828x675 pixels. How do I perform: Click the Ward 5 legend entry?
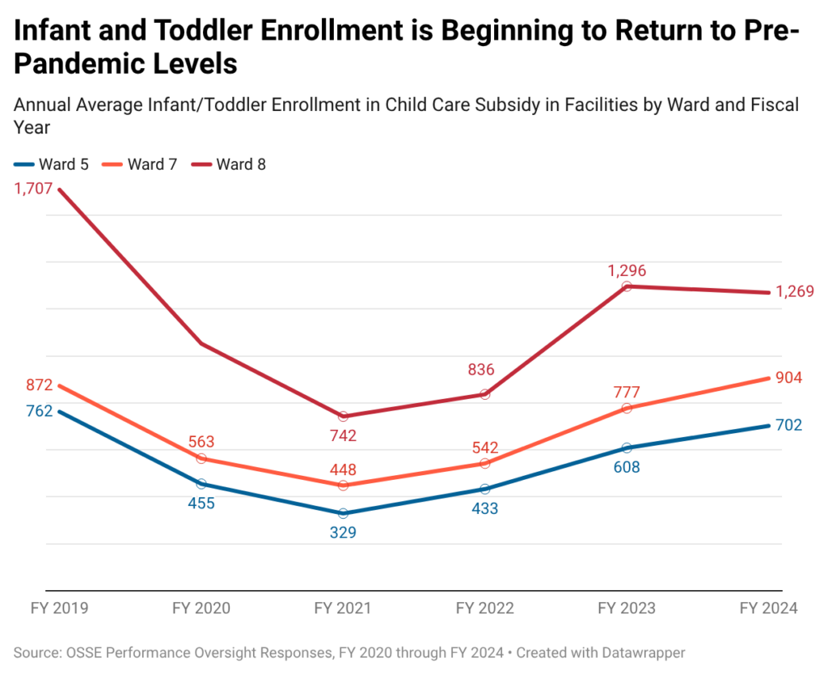click(x=51, y=164)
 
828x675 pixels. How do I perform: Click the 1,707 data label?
click(x=32, y=189)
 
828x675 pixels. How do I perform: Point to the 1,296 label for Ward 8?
click(x=627, y=270)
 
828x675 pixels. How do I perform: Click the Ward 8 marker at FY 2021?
click(x=343, y=416)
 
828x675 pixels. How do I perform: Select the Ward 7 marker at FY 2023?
click(x=627, y=408)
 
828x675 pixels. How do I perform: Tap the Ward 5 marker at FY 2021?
click(x=343, y=513)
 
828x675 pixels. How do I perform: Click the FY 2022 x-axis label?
click(x=484, y=609)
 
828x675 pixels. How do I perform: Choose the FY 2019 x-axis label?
click(x=58, y=609)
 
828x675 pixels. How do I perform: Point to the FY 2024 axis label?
click(x=769, y=609)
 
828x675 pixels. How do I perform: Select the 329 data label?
click(x=343, y=533)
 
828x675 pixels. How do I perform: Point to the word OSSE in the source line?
click(x=85, y=652)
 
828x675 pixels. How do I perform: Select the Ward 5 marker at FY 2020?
click(x=201, y=483)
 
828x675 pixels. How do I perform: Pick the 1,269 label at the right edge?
click(x=794, y=292)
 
